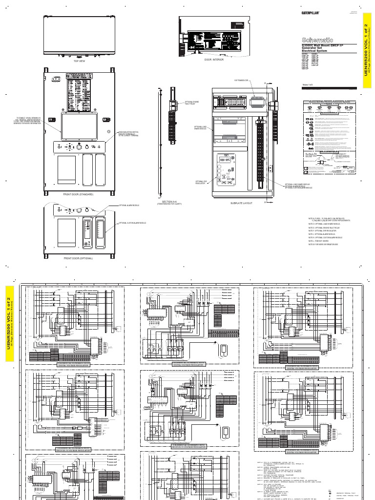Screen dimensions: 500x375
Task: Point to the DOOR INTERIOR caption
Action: pyautogui.click(x=210, y=59)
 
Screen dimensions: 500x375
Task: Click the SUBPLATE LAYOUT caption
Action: pyautogui.click(x=240, y=202)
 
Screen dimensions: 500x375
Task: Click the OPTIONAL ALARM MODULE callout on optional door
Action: pyautogui.click(x=129, y=206)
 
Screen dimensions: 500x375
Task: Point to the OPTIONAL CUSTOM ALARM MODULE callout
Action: pyautogui.click(x=131, y=223)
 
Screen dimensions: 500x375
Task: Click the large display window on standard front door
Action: pyautogui.click(x=79, y=124)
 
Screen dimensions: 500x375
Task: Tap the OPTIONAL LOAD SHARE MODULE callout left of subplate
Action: pyautogui.click(x=189, y=128)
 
